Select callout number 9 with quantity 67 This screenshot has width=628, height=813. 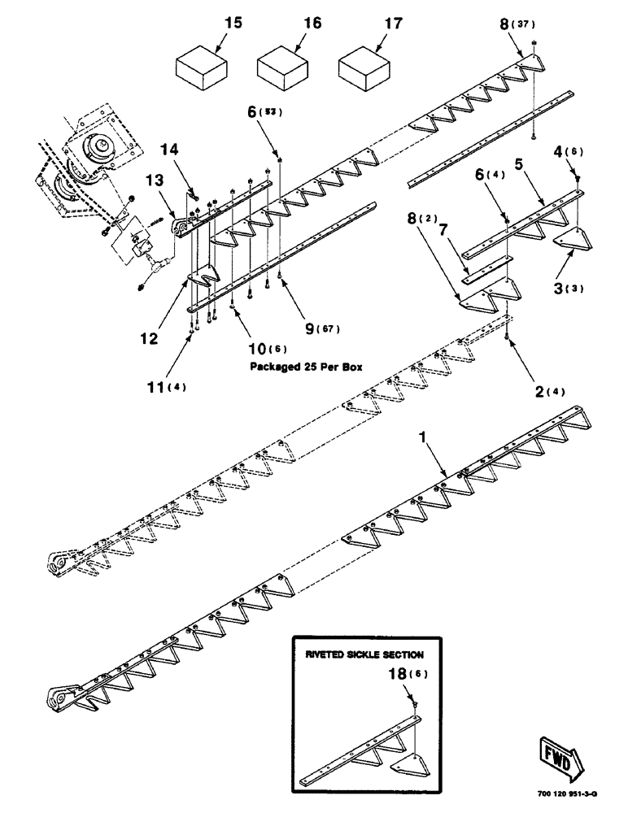[x=310, y=329]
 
